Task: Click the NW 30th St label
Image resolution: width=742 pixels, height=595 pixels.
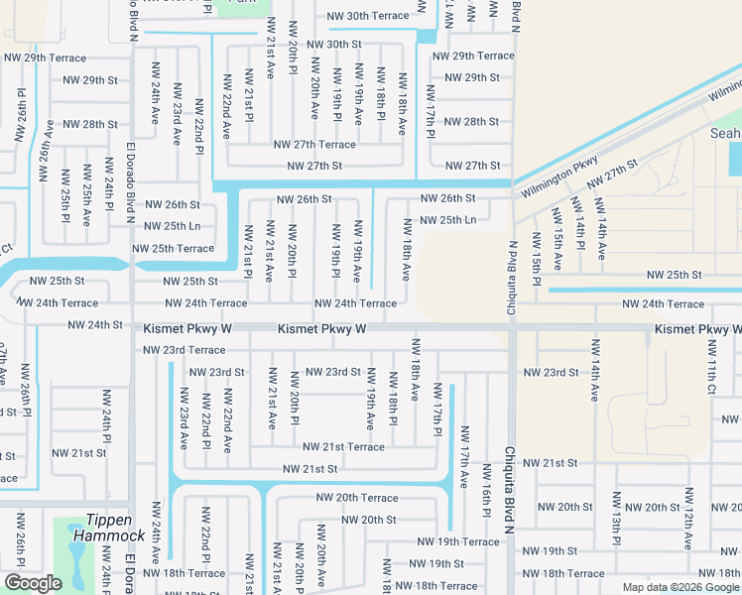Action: coord(334,45)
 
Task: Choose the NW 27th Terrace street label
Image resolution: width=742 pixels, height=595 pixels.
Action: coord(315,145)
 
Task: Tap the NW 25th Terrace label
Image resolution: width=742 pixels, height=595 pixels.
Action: coord(173,249)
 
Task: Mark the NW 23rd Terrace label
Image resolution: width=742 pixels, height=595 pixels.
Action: coord(184,350)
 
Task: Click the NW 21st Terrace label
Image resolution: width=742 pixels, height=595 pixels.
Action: coord(343,447)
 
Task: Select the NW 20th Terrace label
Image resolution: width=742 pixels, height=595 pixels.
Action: coord(357,498)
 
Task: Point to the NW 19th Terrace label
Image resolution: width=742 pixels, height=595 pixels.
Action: coord(457,542)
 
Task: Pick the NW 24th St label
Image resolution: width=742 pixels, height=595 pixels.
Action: coord(94,325)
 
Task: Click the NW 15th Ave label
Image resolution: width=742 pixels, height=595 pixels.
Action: coord(557,248)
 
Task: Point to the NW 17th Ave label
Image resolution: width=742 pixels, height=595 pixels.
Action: coord(463,457)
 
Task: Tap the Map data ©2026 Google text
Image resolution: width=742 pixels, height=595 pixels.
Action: coord(680,587)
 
